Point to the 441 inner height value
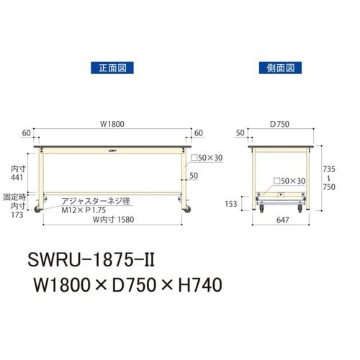click(x=14, y=176)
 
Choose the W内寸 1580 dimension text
click(x=110, y=220)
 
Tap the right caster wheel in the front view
click(x=188, y=210)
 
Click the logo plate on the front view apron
click(x=115, y=151)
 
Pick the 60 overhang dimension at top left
click(x=27, y=133)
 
